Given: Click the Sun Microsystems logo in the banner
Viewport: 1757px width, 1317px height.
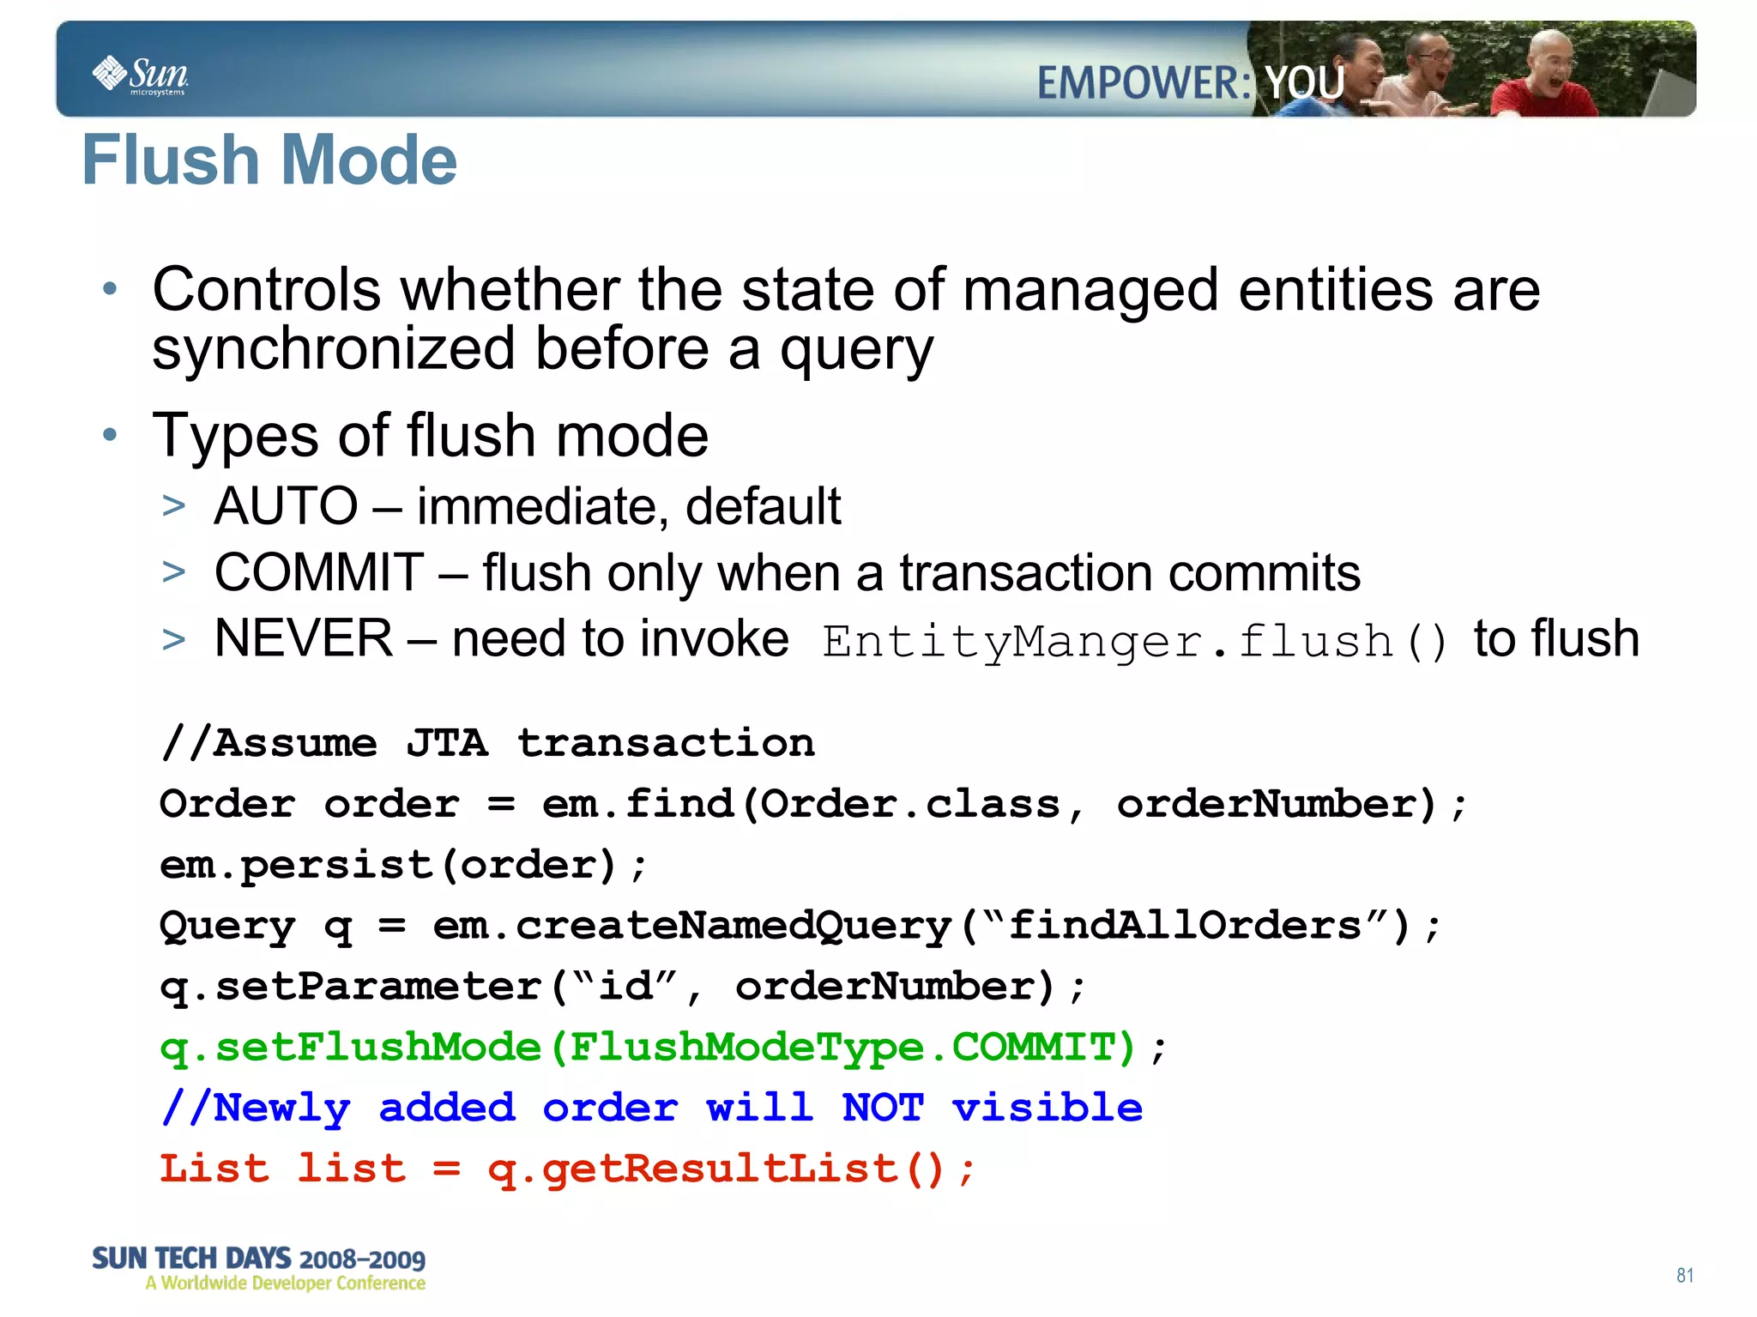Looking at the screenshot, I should pos(141,76).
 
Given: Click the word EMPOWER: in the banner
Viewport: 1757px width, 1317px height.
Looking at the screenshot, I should pos(1144,84).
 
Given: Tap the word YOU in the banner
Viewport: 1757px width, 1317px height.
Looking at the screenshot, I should pos(1305,84).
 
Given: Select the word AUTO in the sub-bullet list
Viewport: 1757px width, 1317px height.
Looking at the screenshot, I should pos(286,506).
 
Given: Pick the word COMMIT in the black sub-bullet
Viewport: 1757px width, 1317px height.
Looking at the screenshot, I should pos(318,573).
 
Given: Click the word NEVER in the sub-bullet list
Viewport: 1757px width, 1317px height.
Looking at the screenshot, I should pos(303,639).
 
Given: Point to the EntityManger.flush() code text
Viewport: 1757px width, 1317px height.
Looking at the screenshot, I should pos(1134,642).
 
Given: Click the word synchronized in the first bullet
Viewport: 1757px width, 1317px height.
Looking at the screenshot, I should pos(334,350).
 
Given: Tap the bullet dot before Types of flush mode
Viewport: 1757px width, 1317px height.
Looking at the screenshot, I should pos(109,435).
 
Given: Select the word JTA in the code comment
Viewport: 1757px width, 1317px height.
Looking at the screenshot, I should pos(447,743).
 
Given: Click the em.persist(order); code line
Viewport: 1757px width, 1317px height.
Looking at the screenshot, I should pos(402,865).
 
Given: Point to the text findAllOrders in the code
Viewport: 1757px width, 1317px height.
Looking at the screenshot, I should pos(1185,926).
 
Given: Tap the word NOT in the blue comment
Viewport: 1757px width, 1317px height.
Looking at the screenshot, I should pos(883,1109).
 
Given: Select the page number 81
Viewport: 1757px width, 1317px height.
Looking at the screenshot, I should pos(1685,1275).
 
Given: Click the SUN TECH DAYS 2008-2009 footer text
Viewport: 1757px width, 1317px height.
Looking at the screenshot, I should pos(258,1259).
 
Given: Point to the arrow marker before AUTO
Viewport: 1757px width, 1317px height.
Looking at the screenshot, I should pos(174,506).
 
